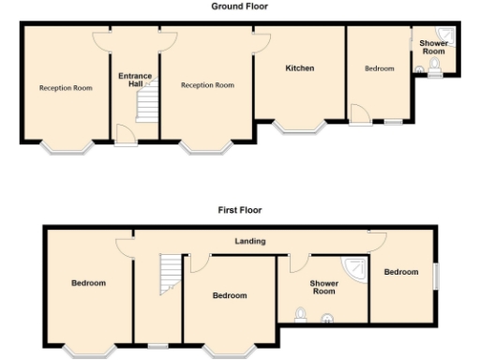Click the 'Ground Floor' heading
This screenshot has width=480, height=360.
point(239,6)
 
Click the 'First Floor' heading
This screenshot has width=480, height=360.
point(239,211)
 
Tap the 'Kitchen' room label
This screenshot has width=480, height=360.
point(299,68)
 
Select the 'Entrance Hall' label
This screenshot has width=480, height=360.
point(134,80)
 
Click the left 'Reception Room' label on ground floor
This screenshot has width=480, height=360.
point(66,87)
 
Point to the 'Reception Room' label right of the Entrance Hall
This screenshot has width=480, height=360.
point(207,85)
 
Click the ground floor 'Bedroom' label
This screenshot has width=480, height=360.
point(379,68)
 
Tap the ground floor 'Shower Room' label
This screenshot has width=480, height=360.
point(433,48)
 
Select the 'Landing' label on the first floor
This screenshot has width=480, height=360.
point(250,241)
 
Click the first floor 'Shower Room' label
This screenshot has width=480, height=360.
point(323,288)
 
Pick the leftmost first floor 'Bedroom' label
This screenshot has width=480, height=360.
point(88,282)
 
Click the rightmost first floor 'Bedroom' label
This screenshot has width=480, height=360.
point(400,272)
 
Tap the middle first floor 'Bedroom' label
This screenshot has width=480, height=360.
point(229,295)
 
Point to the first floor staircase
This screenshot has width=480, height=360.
point(170,275)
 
